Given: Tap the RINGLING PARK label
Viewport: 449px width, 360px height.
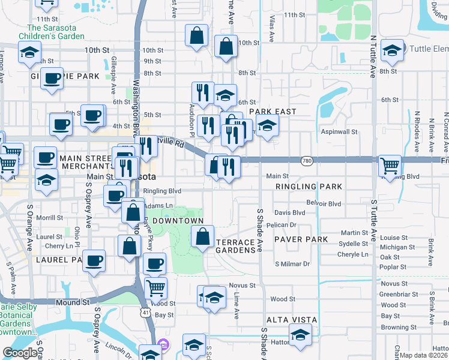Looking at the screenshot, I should tap(300, 187).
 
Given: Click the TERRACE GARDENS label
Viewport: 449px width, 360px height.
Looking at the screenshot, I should tap(235, 245).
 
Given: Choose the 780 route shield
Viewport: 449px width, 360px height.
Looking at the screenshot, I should tap(307, 160).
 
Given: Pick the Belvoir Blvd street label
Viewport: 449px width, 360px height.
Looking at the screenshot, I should tap(324, 204).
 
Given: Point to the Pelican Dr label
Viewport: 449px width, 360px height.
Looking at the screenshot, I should tap(285, 225).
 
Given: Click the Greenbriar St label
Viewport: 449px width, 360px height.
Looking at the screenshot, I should tap(395, 295).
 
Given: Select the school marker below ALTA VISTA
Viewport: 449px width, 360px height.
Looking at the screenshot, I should tap(300, 334).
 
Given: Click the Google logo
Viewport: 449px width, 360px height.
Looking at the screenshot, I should tap(20, 353).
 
